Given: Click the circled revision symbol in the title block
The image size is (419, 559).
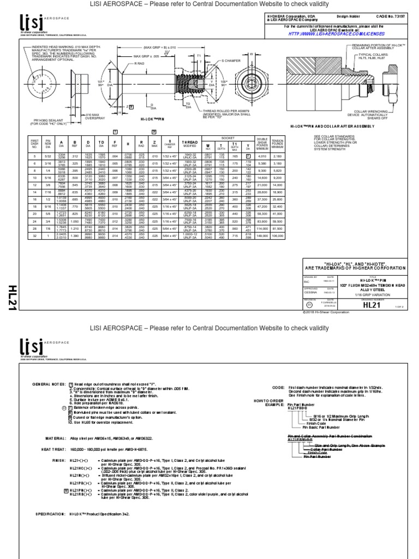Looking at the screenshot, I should coord(310,307).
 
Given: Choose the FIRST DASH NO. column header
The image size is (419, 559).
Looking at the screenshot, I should coord(34,144).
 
